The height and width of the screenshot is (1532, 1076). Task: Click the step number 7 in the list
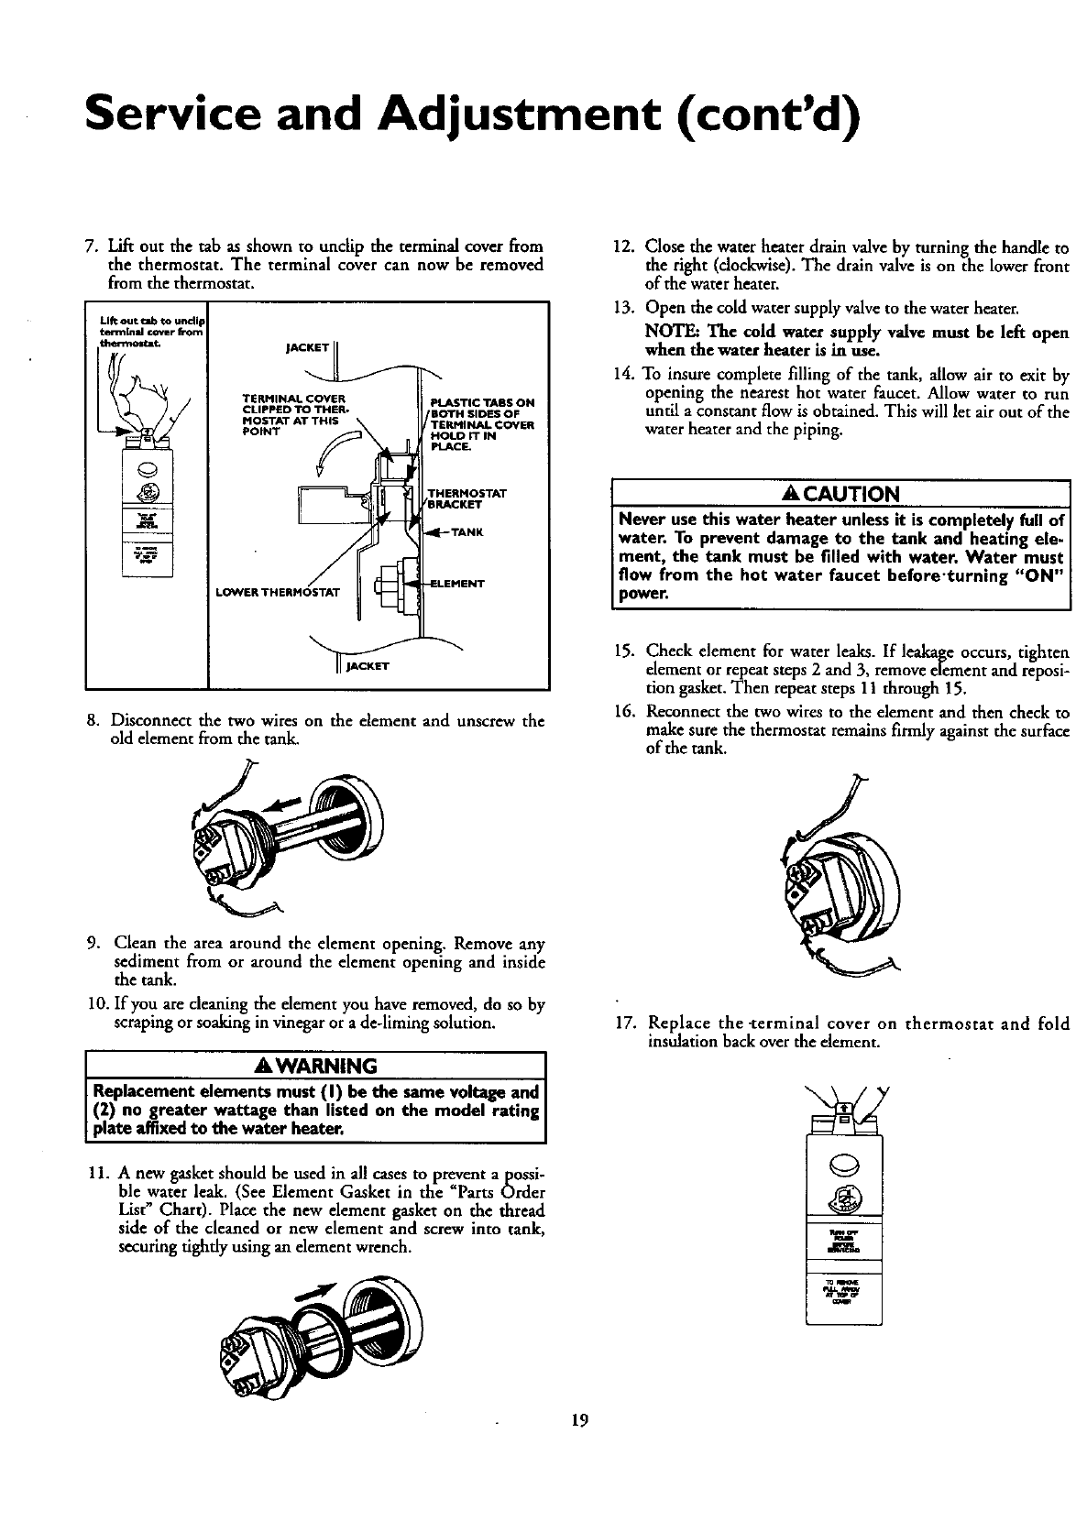click(89, 246)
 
